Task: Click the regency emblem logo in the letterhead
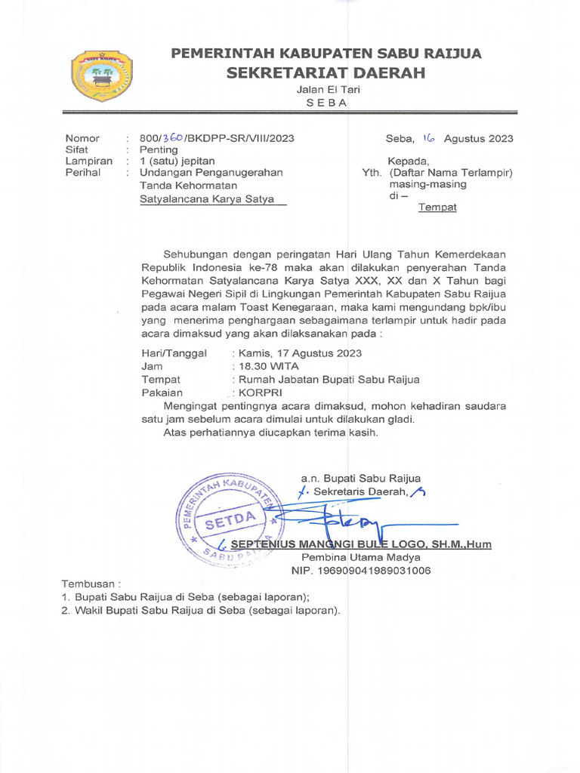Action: click(101, 75)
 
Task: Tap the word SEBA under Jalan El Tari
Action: click(326, 103)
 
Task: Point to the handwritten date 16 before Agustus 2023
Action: click(429, 137)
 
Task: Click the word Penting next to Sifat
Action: click(159, 149)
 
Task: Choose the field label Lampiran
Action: click(88, 161)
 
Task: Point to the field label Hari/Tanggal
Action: click(174, 353)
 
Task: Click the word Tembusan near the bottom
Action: click(88, 584)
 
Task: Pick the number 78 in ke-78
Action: click(268, 267)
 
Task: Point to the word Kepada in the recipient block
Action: click(408, 161)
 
